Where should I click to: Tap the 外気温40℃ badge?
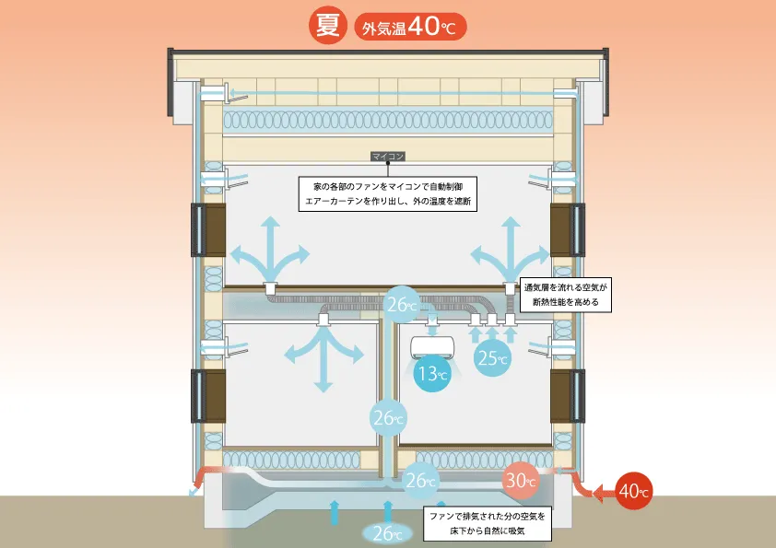pos(410,26)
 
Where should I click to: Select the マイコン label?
pos(387,157)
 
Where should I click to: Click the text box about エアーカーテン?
pos(387,192)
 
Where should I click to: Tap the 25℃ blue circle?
pos(492,357)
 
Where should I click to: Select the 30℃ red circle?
pos(521,479)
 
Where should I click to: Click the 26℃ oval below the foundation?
pos(387,531)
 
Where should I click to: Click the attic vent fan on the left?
pos(212,93)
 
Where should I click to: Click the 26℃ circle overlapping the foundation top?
pos(419,480)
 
